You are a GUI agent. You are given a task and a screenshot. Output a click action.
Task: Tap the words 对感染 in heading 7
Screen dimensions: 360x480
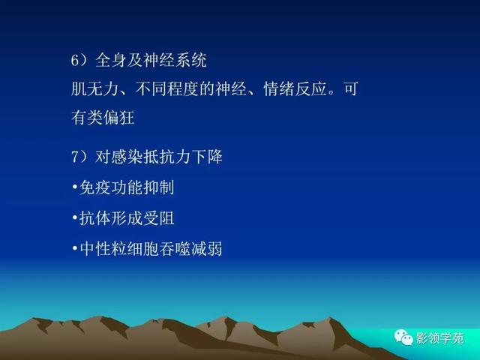[118, 157]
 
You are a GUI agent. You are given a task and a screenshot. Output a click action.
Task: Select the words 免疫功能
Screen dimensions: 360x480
[111, 187]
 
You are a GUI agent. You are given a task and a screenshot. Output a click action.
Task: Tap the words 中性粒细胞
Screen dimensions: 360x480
[119, 248]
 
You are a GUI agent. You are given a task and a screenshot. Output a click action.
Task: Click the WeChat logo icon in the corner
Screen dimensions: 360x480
[403, 337]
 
